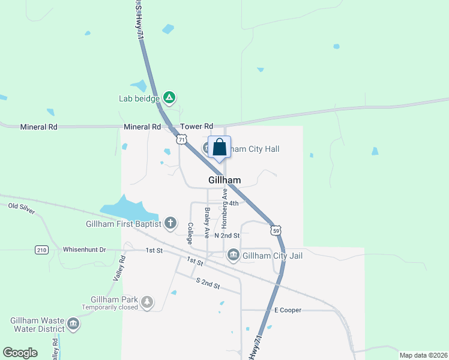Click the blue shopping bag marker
(x=219, y=147)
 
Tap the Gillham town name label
(x=224, y=180)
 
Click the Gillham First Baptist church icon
(x=170, y=224)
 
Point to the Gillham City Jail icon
(x=234, y=256)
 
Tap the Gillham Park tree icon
(x=147, y=302)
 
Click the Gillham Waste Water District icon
(x=73, y=325)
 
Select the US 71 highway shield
(x=181, y=139)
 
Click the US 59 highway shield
(x=276, y=230)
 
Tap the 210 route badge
(x=41, y=250)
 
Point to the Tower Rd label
(x=196, y=127)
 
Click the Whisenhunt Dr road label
(x=84, y=250)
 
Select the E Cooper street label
(x=288, y=310)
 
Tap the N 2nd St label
(x=227, y=235)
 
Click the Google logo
(x=20, y=353)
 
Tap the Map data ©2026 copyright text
(x=423, y=355)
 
